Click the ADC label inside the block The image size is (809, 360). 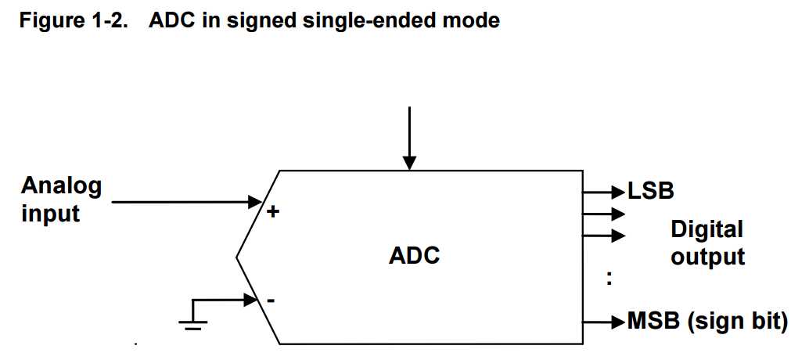click(414, 256)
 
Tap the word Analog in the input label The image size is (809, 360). click(61, 186)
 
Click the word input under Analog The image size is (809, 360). click(51, 214)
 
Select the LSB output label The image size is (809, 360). click(651, 190)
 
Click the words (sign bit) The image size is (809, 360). click(737, 322)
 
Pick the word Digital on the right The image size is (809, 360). click(707, 229)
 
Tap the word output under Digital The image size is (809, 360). click(707, 257)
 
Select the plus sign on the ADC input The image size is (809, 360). click(273, 211)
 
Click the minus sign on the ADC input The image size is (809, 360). click(271, 301)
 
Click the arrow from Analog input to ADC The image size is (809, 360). click(188, 202)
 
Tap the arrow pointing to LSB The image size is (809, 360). click(604, 190)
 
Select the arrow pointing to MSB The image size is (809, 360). click(604, 322)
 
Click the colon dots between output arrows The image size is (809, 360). click(609, 278)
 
